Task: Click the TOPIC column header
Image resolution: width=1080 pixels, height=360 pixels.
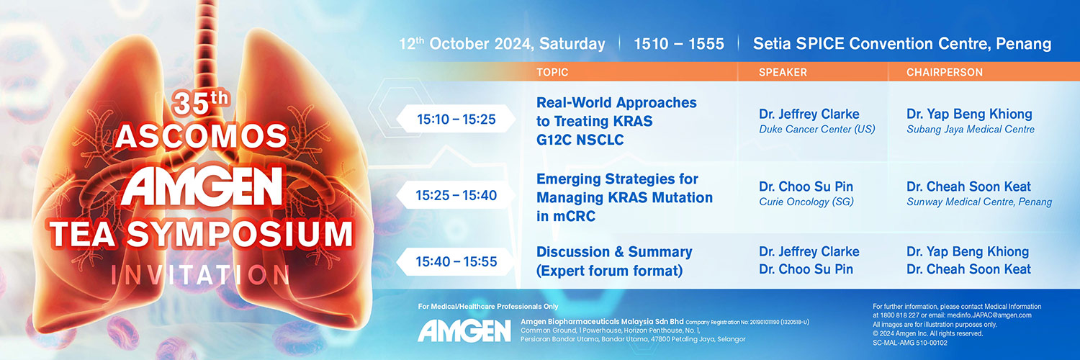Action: (x=552, y=72)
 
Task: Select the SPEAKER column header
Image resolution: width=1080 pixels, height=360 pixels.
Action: (x=783, y=72)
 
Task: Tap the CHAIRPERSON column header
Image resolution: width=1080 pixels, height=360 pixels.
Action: (x=944, y=72)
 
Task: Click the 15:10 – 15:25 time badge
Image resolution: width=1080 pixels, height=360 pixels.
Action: (x=456, y=119)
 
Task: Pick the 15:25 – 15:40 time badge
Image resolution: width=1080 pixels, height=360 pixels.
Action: (x=456, y=195)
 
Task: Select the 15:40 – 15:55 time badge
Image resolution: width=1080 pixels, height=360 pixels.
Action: (x=456, y=261)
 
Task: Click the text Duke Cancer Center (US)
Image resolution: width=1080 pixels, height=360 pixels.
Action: (x=816, y=129)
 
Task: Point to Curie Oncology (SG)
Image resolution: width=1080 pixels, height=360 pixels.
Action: (x=806, y=202)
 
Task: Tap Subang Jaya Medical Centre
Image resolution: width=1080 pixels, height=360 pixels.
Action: (x=970, y=129)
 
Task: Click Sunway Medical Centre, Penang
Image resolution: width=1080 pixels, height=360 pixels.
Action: (x=978, y=202)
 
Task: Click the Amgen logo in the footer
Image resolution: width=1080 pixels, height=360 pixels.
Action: (x=464, y=331)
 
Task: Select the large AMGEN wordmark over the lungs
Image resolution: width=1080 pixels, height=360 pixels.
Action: (x=202, y=186)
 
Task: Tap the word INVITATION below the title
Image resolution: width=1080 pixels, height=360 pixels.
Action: (x=201, y=275)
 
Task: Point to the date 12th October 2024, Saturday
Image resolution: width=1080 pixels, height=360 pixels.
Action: (x=502, y=44)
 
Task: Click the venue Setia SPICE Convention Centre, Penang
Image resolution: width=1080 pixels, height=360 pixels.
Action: (x=902, y=44)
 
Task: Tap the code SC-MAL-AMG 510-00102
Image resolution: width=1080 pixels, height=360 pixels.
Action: (x=910, y=343)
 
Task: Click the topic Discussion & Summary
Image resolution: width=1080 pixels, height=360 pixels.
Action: (x=614, y=252)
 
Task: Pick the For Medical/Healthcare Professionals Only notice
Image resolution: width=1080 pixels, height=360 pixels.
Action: (x=488, y=307)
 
